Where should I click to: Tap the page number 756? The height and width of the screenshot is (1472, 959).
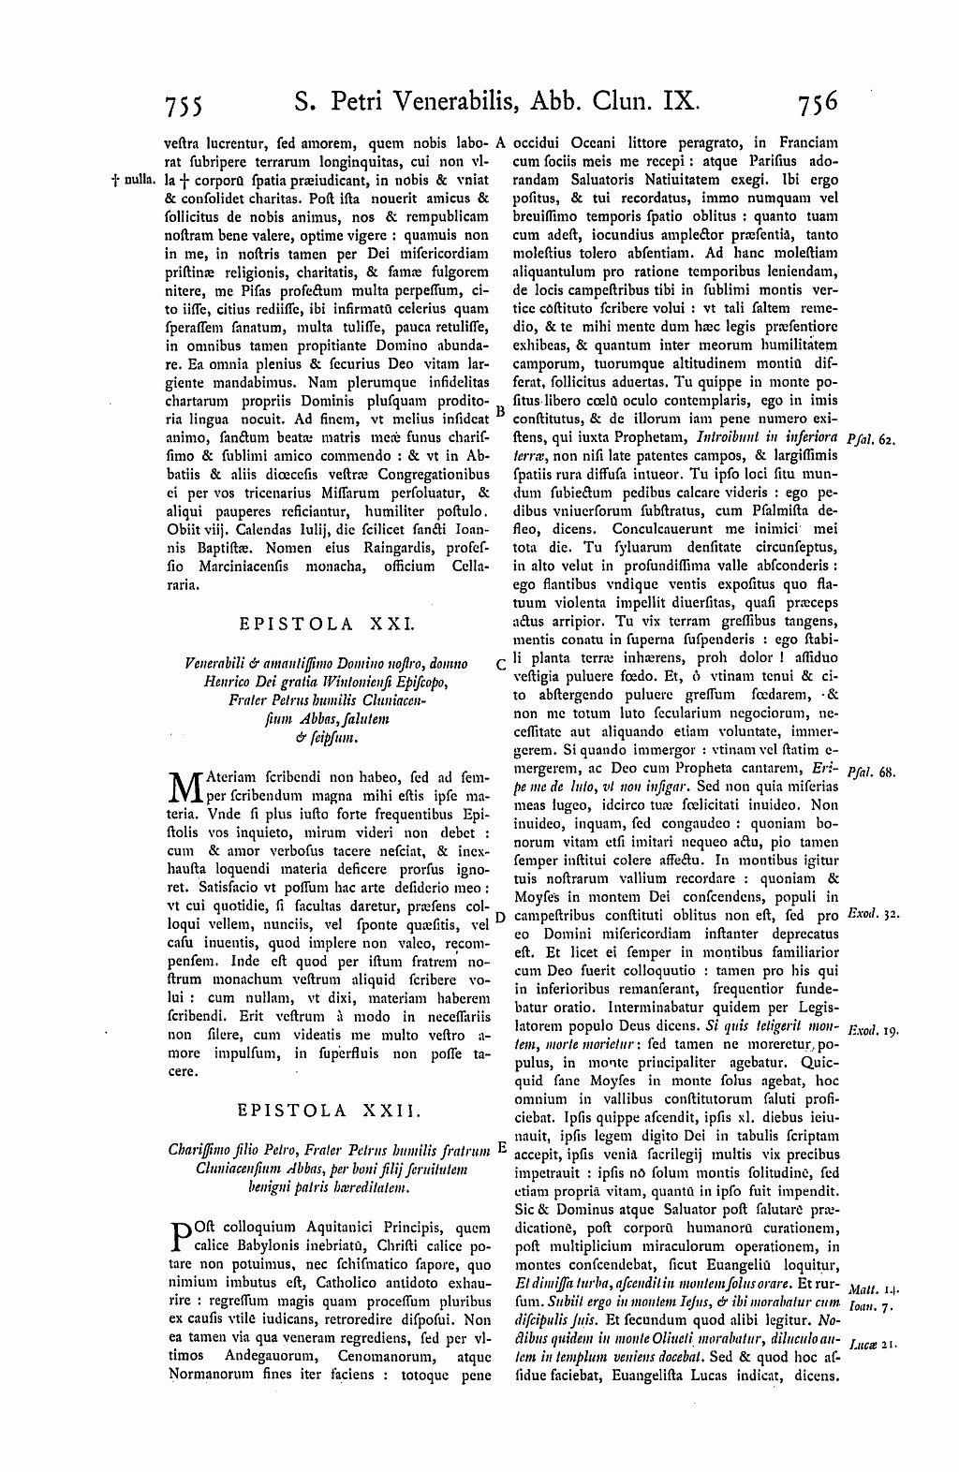[813, 99]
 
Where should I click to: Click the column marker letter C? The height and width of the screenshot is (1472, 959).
[502, 664]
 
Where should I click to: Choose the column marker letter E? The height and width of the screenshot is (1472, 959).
[502, 1146]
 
